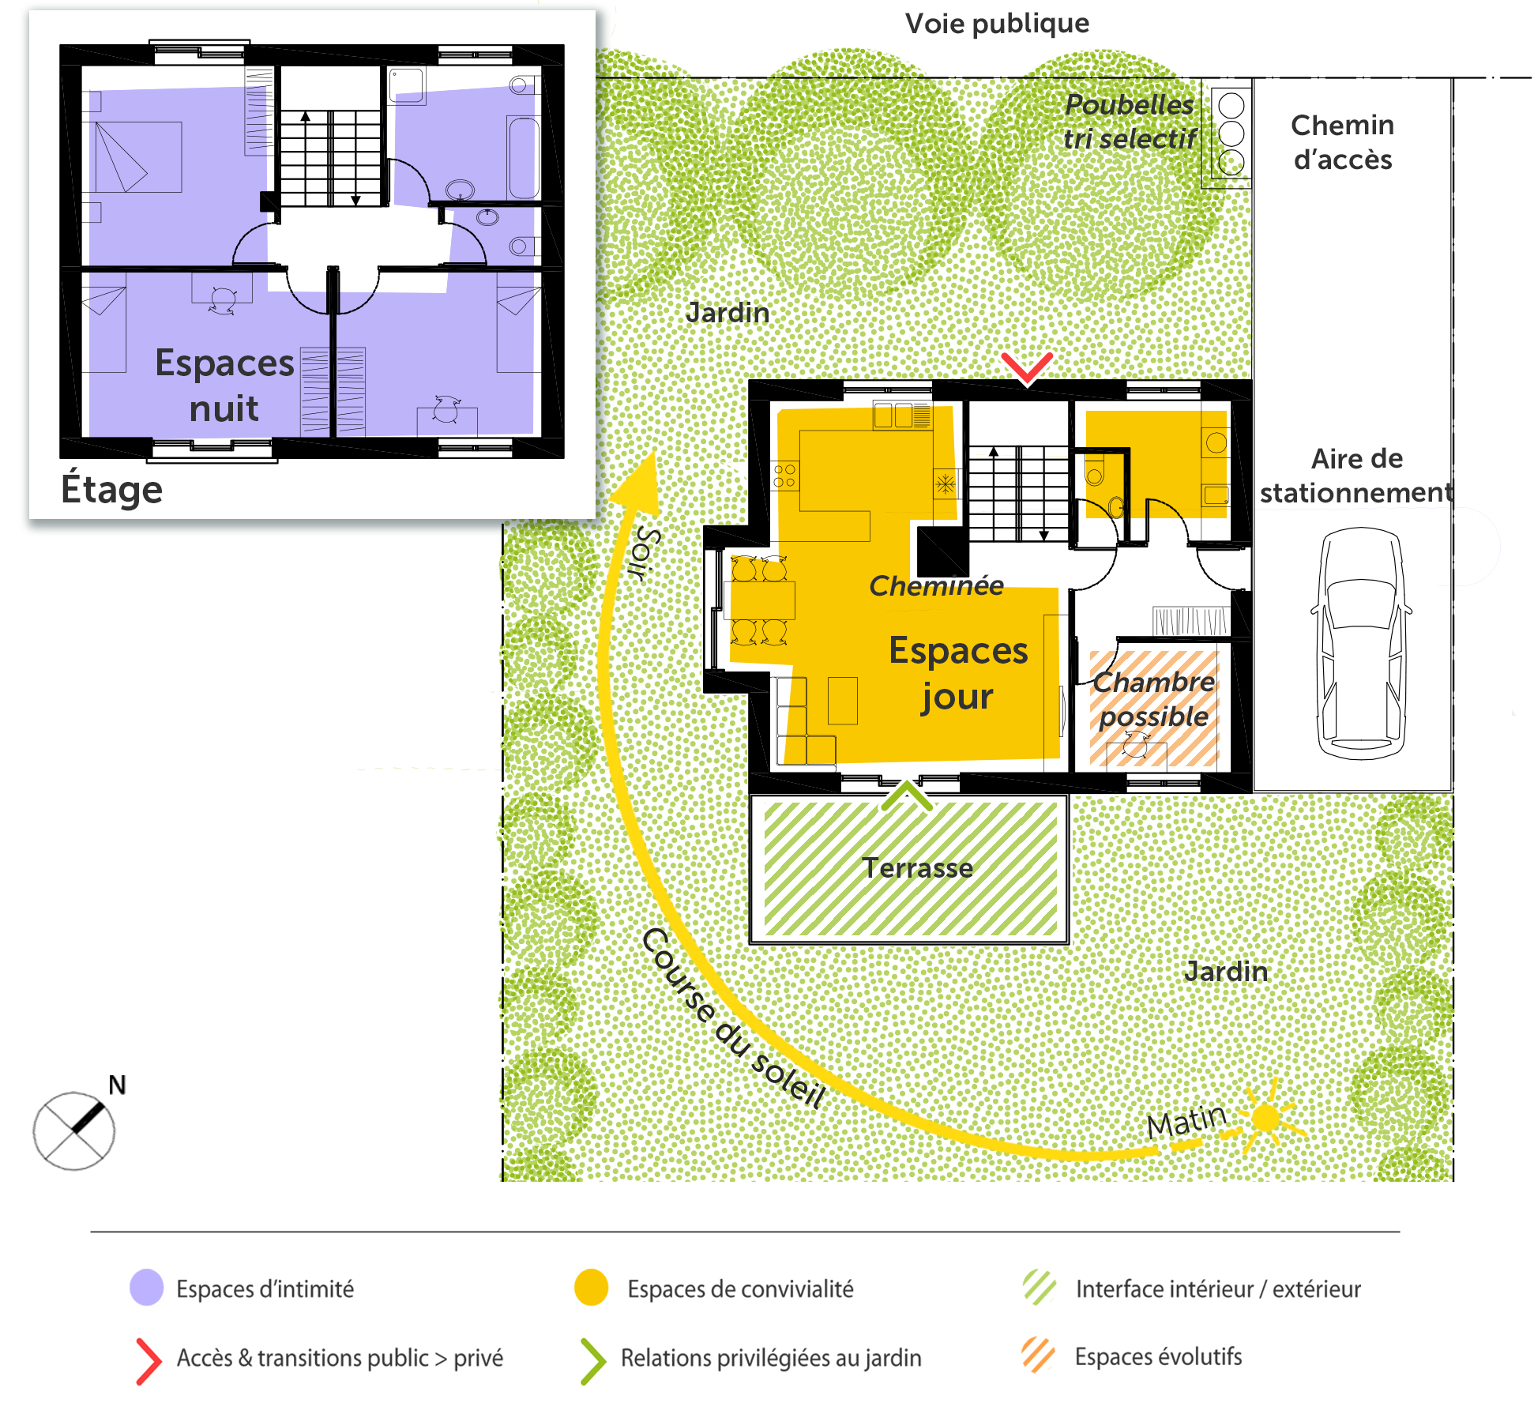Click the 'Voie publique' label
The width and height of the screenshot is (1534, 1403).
997,24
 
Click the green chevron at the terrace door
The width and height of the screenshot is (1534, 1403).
907,795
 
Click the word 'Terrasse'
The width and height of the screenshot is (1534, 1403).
917,868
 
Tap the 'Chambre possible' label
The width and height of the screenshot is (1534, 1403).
1154,699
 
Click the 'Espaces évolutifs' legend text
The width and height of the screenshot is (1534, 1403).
1158,1356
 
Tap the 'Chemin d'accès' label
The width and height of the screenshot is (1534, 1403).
1343,142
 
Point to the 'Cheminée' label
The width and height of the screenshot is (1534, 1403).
936,585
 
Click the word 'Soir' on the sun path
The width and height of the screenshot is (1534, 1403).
645,554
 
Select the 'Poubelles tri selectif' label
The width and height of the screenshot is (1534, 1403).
1130,122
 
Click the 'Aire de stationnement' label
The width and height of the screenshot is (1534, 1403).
1356,476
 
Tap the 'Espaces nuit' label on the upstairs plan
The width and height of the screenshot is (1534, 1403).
224,386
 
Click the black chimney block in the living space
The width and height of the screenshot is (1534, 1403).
942,551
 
